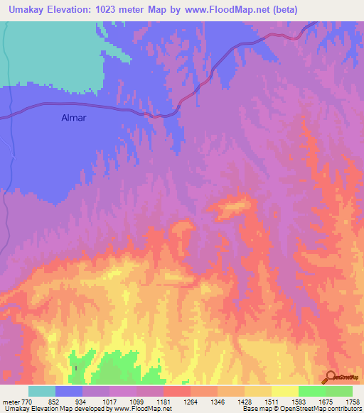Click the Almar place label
tap(73, 118)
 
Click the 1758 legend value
tap(352, 402)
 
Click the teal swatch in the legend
tap(42, 391)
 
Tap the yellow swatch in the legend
tap(285, 391)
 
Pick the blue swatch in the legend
tap(69, 391)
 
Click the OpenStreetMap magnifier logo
tap(331, 377)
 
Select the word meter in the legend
tap(11, 402)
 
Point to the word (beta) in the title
tap(283, 9)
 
